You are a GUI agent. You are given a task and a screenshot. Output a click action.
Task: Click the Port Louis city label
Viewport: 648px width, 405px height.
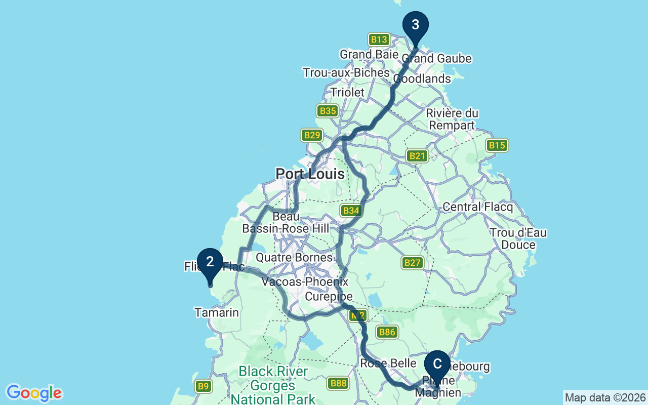point(310,174)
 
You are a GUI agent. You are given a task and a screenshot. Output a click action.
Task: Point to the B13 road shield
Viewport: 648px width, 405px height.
point(379,39)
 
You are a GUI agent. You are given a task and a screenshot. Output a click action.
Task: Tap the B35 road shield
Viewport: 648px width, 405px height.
point(328,111)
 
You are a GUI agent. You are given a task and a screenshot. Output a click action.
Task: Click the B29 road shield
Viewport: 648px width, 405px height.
point(312,135)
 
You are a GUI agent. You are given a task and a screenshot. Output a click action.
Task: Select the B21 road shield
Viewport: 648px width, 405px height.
point(417,156)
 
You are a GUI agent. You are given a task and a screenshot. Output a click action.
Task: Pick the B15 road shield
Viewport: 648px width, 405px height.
point(497,146)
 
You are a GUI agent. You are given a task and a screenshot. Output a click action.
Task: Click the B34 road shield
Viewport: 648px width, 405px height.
point(351,211)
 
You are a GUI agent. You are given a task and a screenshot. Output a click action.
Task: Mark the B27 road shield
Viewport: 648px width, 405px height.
point(413,262)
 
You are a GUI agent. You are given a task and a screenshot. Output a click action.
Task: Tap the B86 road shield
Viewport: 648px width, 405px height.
point(387,333)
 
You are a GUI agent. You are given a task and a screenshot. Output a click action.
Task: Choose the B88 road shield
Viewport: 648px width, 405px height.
point(338,383)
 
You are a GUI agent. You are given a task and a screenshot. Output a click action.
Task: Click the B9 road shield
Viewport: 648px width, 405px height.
point(203,386)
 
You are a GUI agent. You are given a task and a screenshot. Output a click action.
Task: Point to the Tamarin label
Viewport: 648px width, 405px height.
point(217,313)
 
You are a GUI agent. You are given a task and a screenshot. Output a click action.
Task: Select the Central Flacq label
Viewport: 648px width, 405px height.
point(477,207)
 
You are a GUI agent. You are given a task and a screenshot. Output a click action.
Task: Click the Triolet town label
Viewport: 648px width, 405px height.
point(347,92)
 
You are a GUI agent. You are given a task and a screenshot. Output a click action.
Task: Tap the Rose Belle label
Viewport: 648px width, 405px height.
point(388,363)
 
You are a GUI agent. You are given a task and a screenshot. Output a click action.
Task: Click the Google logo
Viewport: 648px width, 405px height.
point(34,393)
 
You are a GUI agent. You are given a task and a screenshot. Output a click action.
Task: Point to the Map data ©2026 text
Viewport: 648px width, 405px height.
point(605,397)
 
